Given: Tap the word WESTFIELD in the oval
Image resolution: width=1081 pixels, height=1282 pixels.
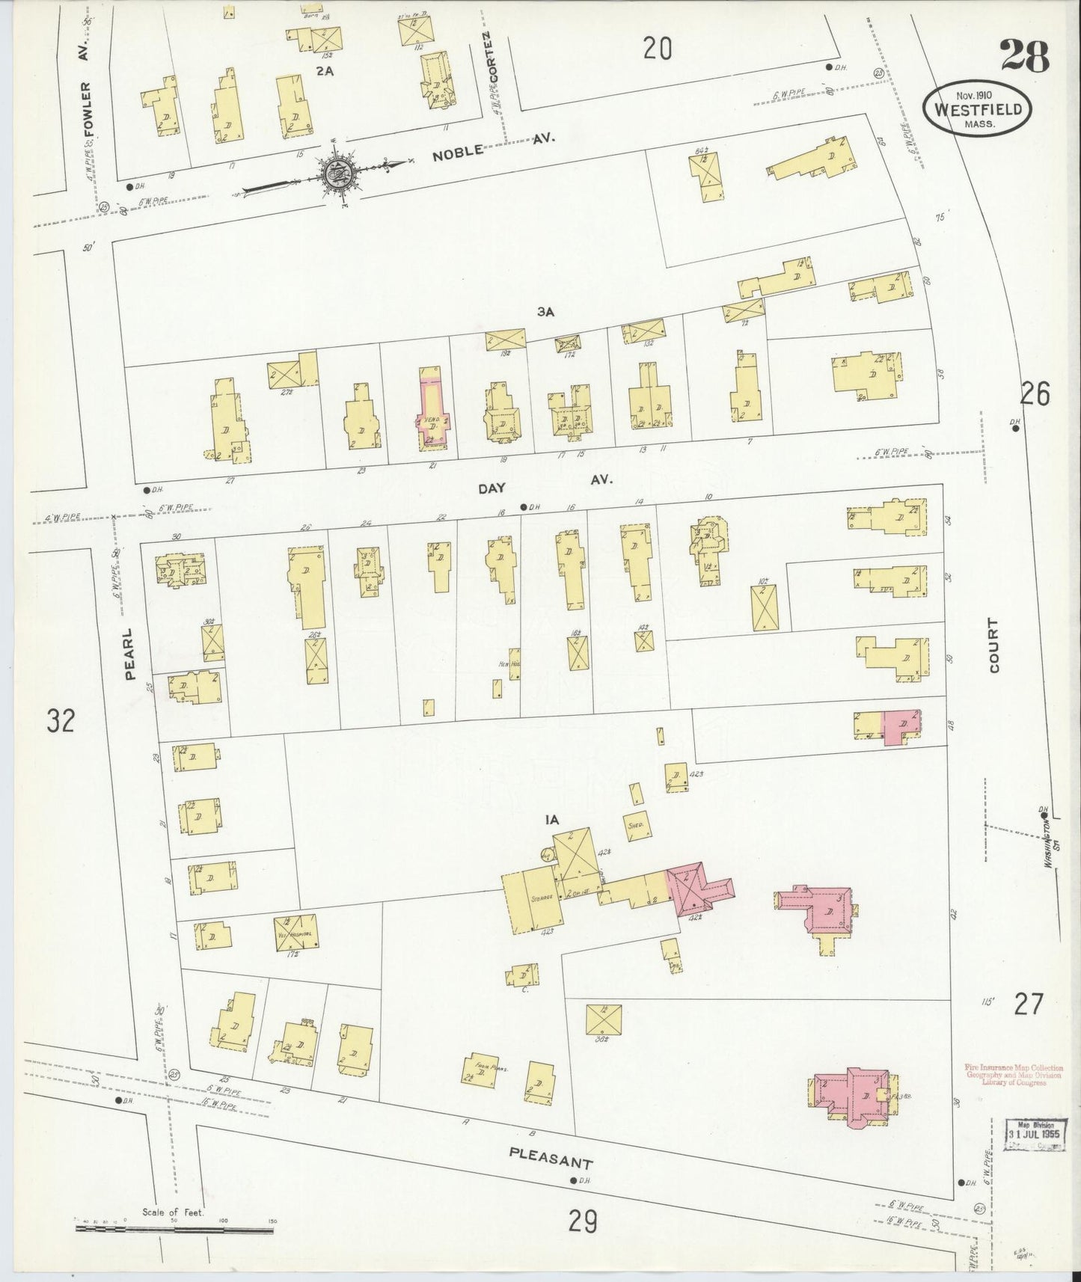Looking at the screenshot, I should (976, 109).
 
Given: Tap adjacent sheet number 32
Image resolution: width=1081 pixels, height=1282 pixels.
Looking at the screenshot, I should (61, 721).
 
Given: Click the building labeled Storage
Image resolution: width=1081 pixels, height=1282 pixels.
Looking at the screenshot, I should (532, 901).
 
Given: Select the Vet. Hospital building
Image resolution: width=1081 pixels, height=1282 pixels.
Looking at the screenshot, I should (295, 932).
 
